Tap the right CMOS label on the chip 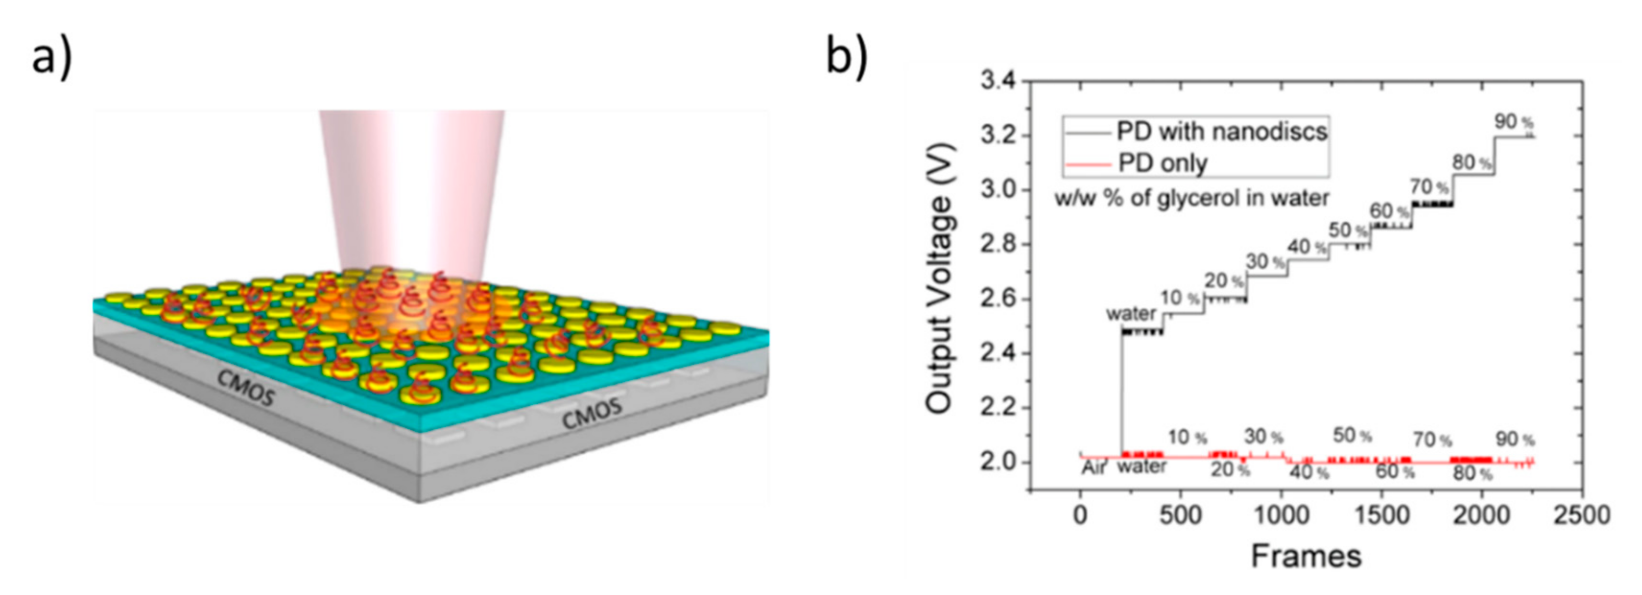(592, 412)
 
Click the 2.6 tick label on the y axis (999, 299)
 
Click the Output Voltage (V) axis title (942, 280)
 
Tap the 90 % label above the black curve (1514, 121)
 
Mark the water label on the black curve (1131, 314)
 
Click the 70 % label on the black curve (1429, 187)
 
